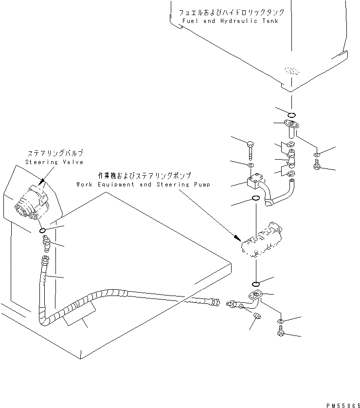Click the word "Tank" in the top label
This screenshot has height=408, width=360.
pyautogui.click(x=270, y=22)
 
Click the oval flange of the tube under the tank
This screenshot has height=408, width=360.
pyautogui.click(x=292, y=124)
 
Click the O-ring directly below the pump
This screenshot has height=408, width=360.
pyautogui.click(x=256, y=284)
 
